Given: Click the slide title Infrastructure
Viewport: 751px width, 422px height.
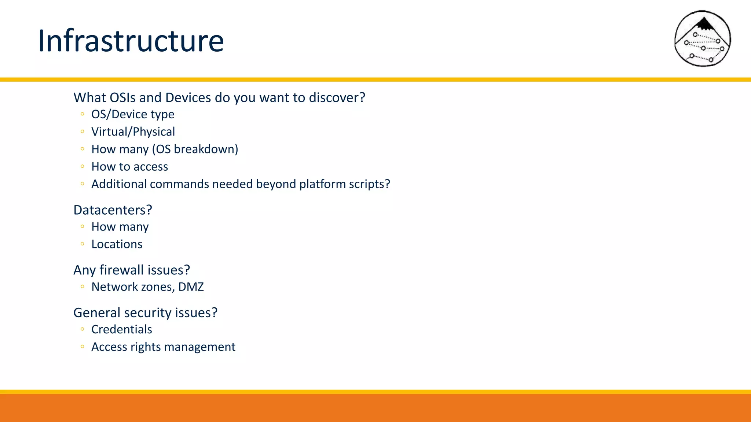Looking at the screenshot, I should tap(131, 41).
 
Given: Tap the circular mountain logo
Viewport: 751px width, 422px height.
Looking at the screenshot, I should tap(702, 38).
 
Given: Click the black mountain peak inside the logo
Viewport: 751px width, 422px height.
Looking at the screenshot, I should tap(704, 25).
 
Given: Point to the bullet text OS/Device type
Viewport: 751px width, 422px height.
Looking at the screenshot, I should tap(133, 114).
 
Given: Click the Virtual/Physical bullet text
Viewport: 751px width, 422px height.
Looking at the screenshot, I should tap(133, 132).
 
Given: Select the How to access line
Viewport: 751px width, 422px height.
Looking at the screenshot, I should tap(129, 167).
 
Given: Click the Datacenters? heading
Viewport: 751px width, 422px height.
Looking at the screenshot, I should tap(113, 210).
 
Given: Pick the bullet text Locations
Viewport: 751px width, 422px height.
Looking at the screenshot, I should tap(117, 244).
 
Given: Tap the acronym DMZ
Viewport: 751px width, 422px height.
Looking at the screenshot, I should tap(191, 287).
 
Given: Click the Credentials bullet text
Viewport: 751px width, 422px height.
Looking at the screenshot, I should tap(121, 329).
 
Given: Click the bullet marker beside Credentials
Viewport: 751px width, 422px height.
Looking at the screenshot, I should tap(83, 329).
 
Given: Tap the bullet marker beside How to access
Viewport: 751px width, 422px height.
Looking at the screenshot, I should tap(83, 166).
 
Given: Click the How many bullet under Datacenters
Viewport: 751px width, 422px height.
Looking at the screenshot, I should tap(120, 227).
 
